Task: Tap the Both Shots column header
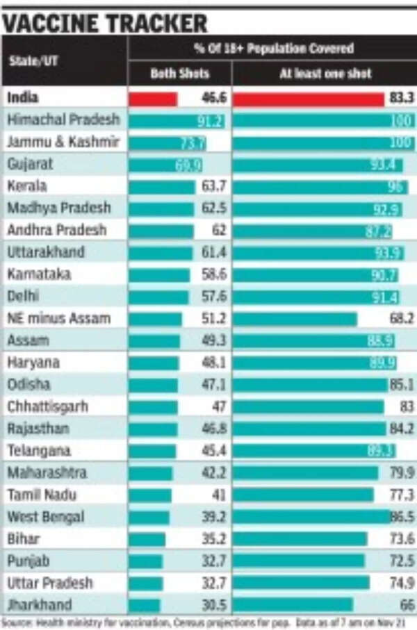click(x=179, y=74)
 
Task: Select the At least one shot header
click(x=325, y=74)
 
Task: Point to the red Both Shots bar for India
click(x=153, y=99)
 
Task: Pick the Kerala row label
click(x=27, y=186)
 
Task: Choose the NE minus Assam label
click(x=58, y=319)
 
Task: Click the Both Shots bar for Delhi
click(x=158, y=297)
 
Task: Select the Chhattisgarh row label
click(x=47, y=406)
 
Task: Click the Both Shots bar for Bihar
click(x=147, y=539)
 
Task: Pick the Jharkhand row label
click(x=40, y=605)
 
